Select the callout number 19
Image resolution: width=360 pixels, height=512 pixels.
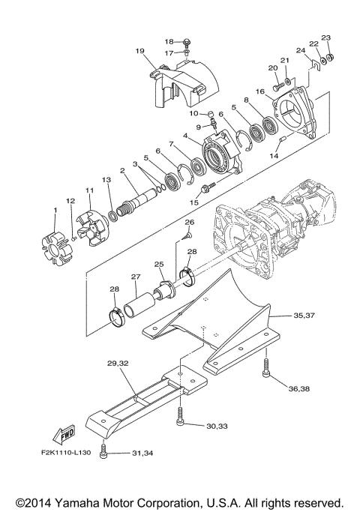tap(139, 51)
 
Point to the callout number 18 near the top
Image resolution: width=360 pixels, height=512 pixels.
tap(169, 41)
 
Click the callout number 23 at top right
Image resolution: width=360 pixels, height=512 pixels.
tap(325, 37)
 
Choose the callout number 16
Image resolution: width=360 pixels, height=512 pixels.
tap(259, 91)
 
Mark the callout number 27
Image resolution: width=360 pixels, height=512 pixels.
tap(136, 277)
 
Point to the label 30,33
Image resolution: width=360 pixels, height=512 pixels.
tap(217, 426)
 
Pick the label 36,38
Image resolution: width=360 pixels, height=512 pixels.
tap(298, 388)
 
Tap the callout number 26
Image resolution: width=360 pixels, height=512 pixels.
tap(190, 223)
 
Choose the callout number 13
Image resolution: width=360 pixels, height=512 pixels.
tap(106, 180)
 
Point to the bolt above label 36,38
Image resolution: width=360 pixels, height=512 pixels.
tap(267, 367)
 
